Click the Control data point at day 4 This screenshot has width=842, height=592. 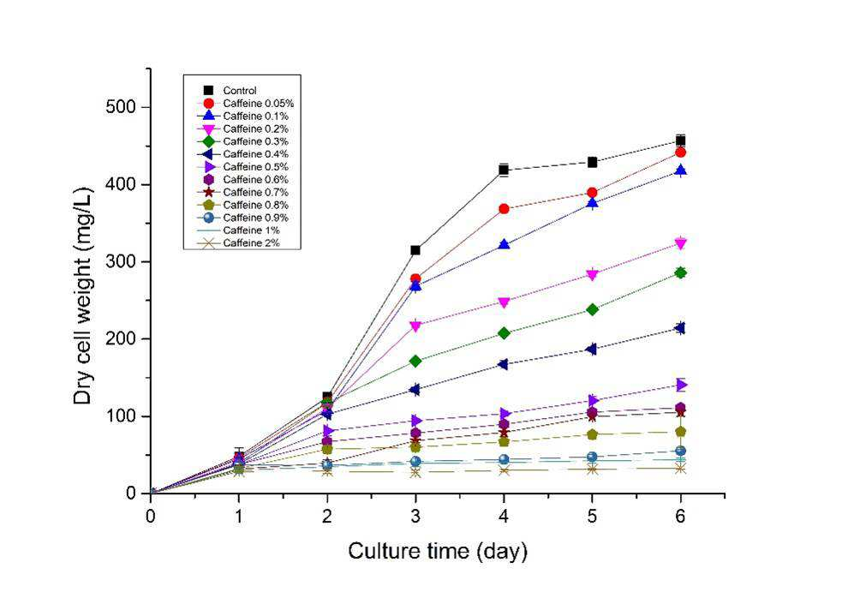504,170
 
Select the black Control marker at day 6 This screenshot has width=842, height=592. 680,141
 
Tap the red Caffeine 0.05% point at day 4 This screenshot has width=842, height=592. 504,209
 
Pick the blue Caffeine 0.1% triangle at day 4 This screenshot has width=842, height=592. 504,244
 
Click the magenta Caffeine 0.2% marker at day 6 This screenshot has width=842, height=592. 680,244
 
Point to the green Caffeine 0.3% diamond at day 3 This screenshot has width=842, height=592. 415,361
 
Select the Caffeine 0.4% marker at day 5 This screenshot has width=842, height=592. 592,350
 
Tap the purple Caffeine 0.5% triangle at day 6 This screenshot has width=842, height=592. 681,385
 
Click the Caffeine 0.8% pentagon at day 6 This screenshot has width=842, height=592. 680,432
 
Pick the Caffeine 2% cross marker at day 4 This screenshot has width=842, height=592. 504,470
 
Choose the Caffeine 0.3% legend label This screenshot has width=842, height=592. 255,141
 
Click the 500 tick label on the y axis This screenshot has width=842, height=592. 119,107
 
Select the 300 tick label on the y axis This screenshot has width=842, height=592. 119,261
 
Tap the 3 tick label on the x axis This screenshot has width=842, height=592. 415,517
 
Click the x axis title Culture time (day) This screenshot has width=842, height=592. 438,552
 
